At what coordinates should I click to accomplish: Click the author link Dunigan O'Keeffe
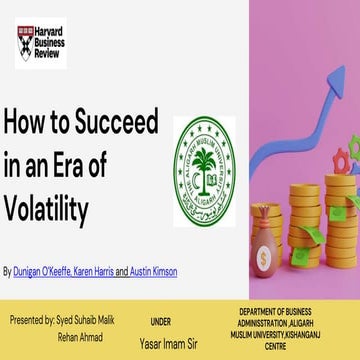point(45,271)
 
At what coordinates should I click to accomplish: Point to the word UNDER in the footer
point(160,323)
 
